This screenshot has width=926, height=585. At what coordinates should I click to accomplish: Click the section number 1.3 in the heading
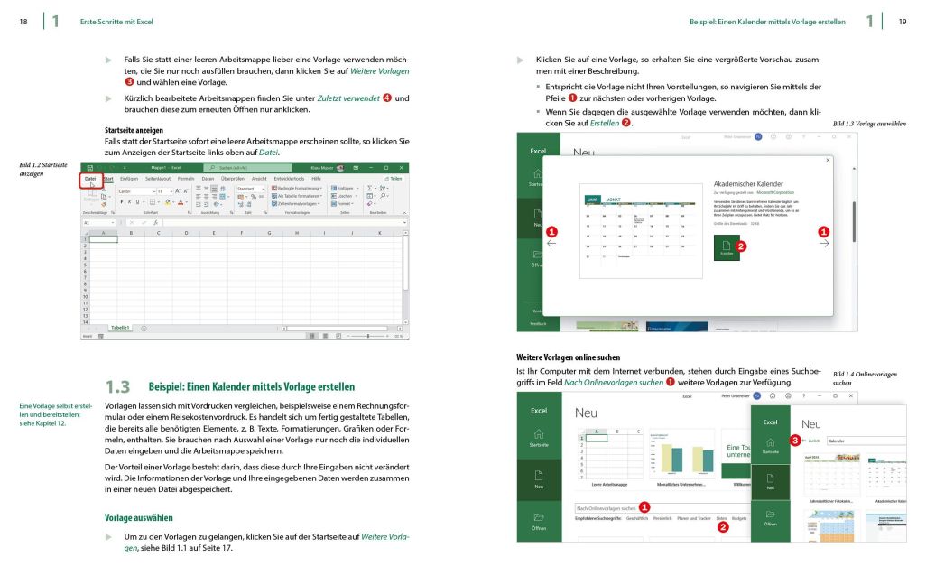click(118, 386)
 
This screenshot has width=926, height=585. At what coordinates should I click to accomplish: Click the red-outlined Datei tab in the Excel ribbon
click(90, 179)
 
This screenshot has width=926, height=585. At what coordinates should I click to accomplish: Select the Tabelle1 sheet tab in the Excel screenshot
click(120, 328)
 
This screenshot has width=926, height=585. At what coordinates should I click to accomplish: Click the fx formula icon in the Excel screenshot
click(156, 222)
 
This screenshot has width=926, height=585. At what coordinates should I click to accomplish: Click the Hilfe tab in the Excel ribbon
click(316, 179)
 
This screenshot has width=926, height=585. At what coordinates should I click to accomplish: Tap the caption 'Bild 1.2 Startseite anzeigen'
click(42, 169)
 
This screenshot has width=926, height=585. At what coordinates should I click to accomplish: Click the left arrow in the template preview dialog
click(552, 242)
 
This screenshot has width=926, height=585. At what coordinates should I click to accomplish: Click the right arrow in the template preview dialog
click(823, 242)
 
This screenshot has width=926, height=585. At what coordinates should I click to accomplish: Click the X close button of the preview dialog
click(829, 161)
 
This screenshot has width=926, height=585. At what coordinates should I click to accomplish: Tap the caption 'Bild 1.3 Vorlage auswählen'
click(868, 124)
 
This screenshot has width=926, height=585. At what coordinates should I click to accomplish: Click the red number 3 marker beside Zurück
click(794, 441)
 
